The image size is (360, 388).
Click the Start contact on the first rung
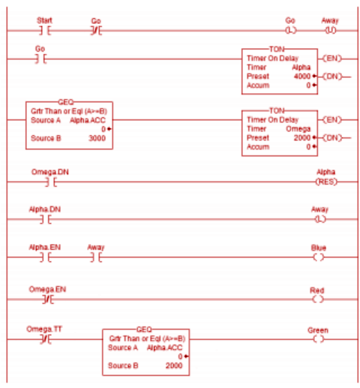tap(43, 31)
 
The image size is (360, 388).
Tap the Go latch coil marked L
tap(291, 31)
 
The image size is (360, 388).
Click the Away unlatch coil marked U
tap(328, 31)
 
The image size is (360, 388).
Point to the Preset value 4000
tap(298, 76)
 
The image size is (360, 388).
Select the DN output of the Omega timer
tap(328, 138)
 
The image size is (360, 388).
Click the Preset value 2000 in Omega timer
tap(298, 138)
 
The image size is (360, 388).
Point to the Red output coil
tap(320, 299)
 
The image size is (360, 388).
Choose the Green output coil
tap(320, 339)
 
